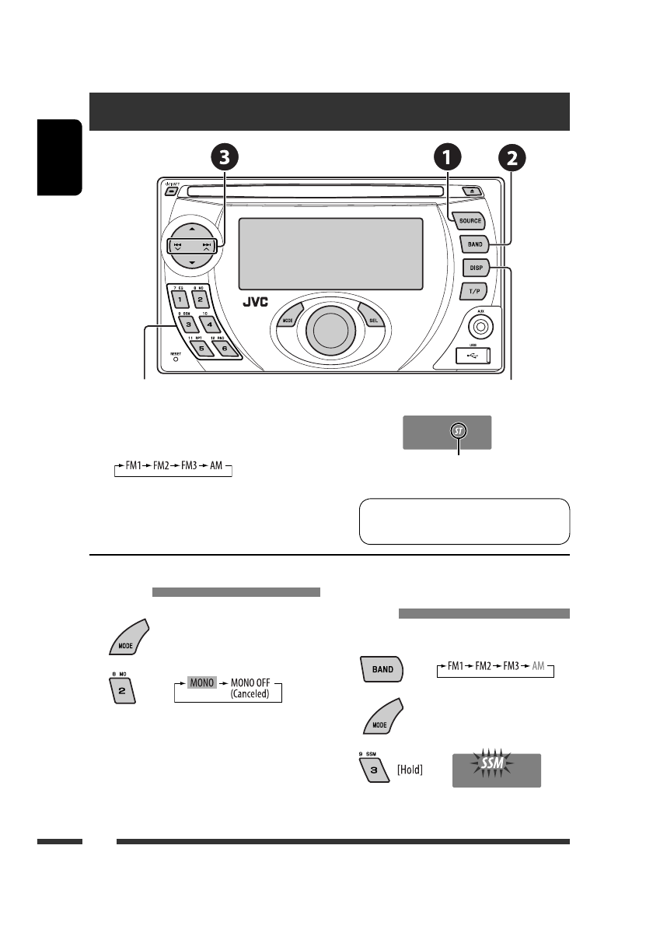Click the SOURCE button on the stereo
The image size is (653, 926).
470,220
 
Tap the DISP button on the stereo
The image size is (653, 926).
475,268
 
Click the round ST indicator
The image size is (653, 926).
459,432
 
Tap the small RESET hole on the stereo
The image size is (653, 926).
175,360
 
